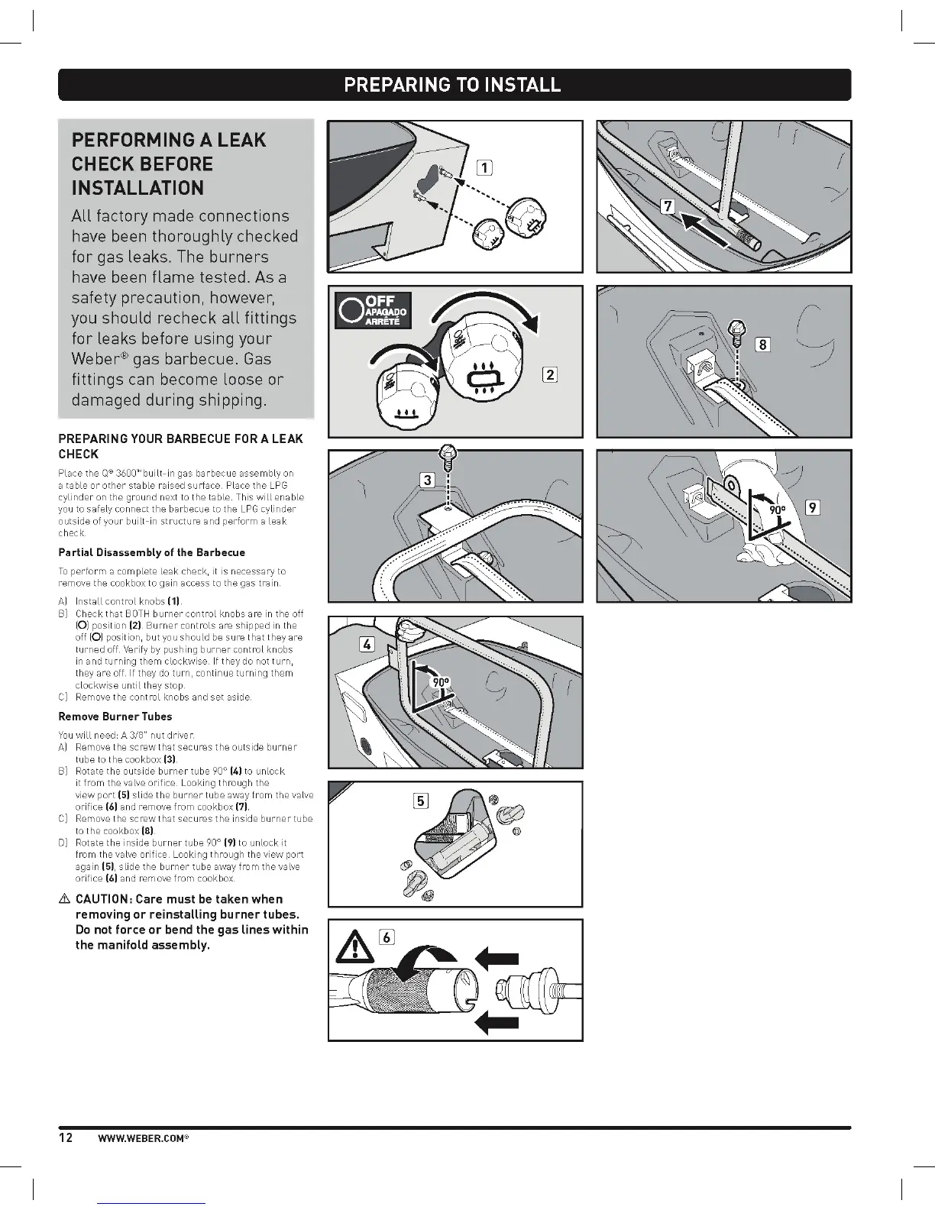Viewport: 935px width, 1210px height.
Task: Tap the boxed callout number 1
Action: (484, 168)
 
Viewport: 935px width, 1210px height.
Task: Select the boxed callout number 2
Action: (549, 374)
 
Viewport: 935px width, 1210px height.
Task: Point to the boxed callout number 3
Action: (427, 480)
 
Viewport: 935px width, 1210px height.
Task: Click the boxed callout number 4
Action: (367, 645)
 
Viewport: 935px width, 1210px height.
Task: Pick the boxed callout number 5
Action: (420, 801)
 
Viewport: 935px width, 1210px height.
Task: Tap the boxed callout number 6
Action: (387, 937)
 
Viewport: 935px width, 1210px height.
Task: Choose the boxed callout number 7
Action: (668, 206)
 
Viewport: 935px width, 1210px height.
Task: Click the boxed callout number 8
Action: (761, 345)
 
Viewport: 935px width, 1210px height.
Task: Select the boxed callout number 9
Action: (813, 507)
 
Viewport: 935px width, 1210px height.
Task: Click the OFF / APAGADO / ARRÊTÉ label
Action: (374, 309)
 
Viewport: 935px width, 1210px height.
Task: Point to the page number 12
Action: (66, 1137)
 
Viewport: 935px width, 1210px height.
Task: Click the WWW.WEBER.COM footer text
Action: (143, 1138)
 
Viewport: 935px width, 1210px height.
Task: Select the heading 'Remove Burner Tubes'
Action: (115, 717)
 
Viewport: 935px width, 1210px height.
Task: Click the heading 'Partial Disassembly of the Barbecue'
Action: (152, 552)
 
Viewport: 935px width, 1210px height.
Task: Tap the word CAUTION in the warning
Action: (102, 899)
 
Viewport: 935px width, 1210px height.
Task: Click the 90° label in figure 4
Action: (441, 683)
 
